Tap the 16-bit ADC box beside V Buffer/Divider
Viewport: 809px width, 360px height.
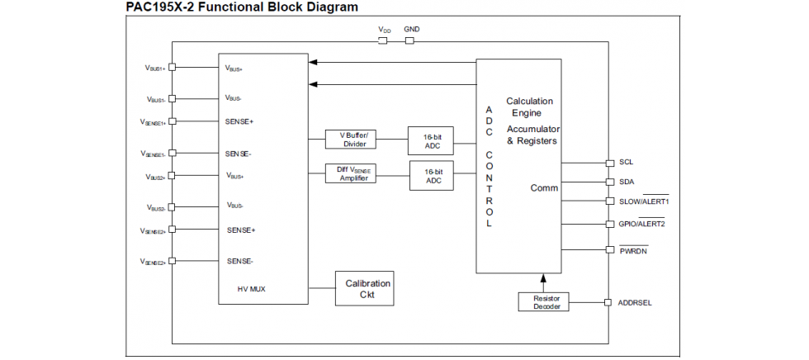coord(432,141)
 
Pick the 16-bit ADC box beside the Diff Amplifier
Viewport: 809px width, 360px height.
coord(433,176)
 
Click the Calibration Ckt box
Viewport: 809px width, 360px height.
coord(364,288)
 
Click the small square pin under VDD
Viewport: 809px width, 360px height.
coord(383,40)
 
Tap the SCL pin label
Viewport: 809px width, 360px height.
coord(627,163)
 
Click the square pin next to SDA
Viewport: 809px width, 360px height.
coord(610,182)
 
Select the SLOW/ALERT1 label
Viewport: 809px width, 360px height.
coord(644,201)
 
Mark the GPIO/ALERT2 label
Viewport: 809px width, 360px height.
coord(642,224)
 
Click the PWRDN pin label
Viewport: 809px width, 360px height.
coord(634,250)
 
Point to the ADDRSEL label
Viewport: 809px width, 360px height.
coord(635,303)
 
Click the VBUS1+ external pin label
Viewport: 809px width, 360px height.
coord(155,68)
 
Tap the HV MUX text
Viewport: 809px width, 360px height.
coord(251,289)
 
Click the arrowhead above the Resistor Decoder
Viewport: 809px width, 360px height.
coord(543,279)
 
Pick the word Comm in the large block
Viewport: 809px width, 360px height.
coord(544,188)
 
